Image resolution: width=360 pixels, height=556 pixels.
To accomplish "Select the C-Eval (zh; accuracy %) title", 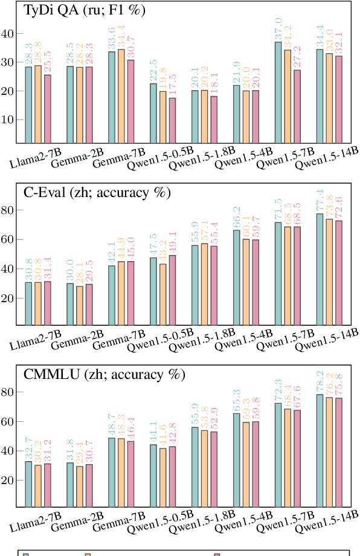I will coord(97,193).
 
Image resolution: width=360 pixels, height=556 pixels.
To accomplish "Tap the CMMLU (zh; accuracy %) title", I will coord(103,374).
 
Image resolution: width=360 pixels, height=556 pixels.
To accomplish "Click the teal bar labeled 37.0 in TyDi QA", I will coord(278,92).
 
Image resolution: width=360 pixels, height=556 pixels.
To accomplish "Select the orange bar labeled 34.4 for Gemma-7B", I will coord(121,96).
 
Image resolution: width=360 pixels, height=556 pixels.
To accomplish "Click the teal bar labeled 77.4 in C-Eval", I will coord(320,269).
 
